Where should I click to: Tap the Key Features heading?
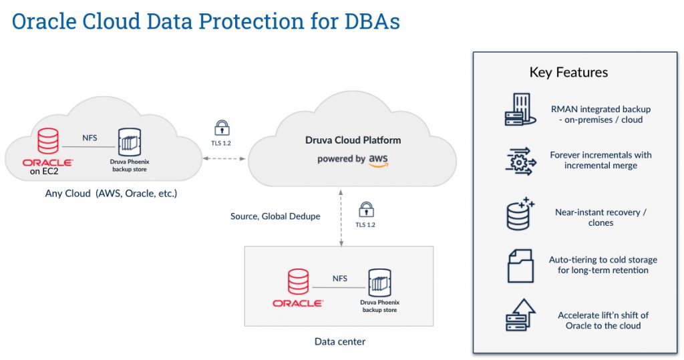pos(568,72)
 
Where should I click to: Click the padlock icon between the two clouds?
pos(222,127)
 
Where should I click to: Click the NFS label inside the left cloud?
pos(90,138)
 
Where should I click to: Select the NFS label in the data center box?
pos(339,279)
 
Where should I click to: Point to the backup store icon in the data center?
pos(379,283)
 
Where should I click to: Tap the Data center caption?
pos(339,341)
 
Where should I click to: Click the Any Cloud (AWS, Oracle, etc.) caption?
pos(111,194)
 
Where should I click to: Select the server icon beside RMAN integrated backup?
pos(520,110)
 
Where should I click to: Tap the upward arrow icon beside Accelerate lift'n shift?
pos(520,315)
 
